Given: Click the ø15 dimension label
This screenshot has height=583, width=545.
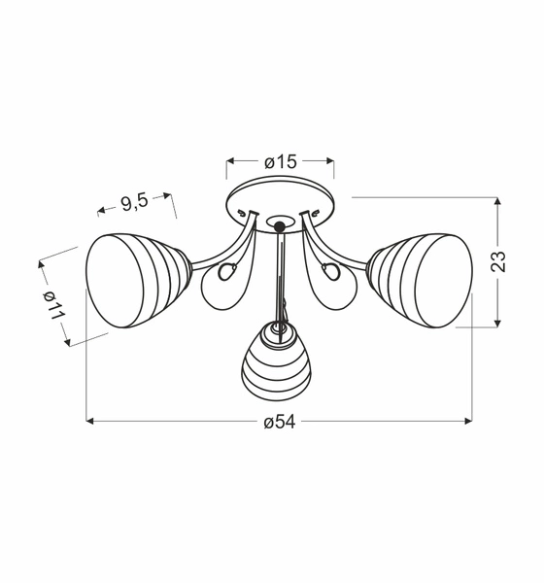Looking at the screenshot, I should coord(280,162).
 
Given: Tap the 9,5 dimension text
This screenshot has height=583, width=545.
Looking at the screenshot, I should coord(134,202).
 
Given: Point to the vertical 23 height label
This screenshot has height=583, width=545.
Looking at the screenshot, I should coord(497,261).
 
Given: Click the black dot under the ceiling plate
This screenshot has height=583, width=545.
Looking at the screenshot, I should coord(280,226).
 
